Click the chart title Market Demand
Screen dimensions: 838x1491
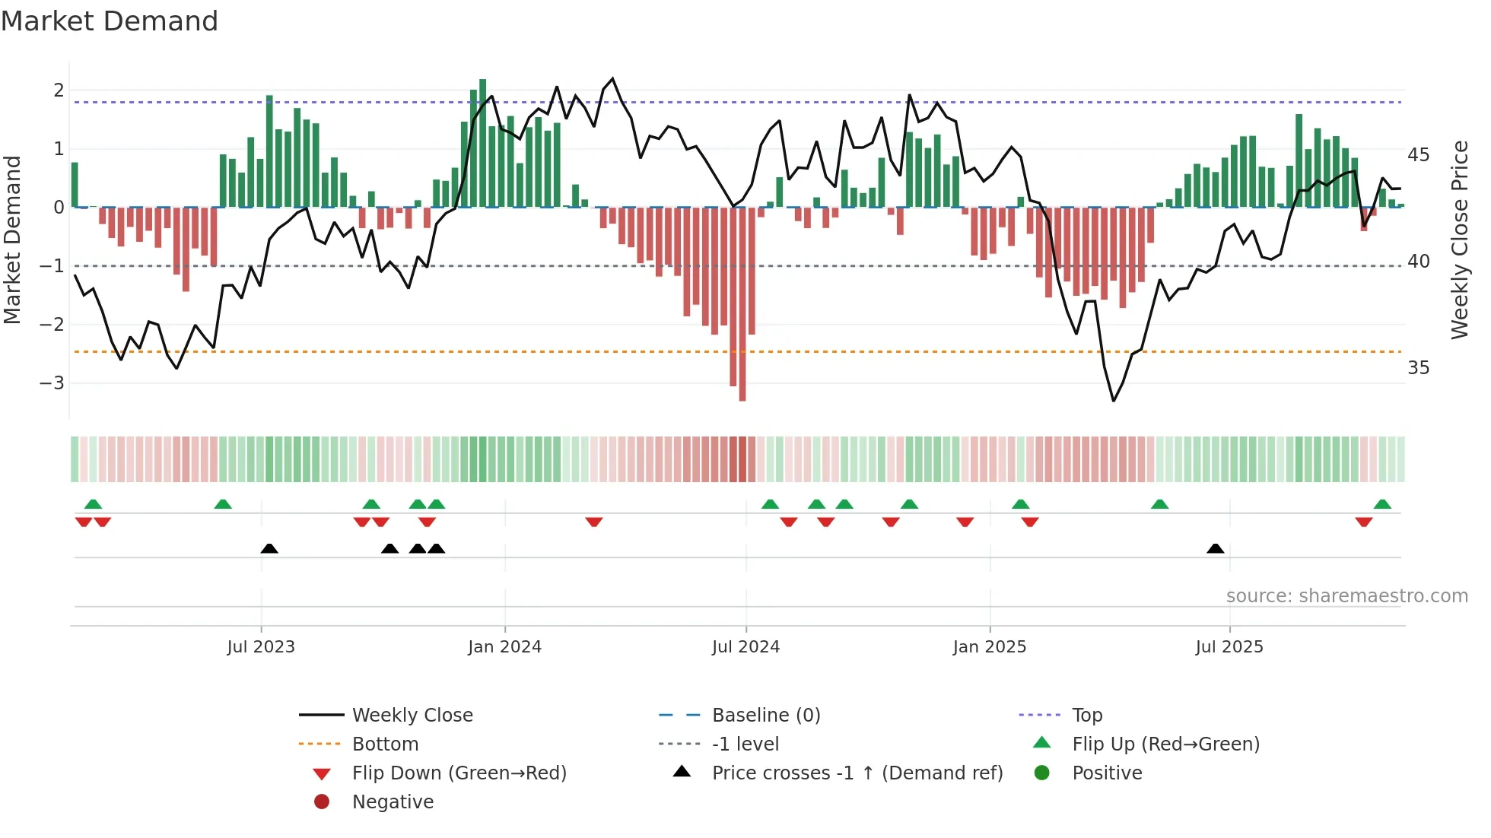[x=110, y=21]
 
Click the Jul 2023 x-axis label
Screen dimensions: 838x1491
[x=260, y=647]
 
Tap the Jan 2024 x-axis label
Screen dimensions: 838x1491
[x=504, y=647]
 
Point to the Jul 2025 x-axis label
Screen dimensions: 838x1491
[x=1229, y=647]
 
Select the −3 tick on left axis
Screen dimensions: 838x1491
[x=52, y=382]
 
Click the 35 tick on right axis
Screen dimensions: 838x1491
[x=1418, y=368]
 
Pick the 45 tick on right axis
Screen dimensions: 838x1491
[x=1418, y=155]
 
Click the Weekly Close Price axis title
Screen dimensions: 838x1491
[x=1459, y=240]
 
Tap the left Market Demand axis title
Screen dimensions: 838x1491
[x=13, y=240]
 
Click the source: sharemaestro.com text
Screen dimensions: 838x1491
[x=1346, y=596]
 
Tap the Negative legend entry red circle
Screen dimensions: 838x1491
[x=322, y=802]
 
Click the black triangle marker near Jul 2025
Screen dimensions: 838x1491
[x=1215, y=549]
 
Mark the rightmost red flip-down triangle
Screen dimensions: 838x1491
[x=1363, y=522]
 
